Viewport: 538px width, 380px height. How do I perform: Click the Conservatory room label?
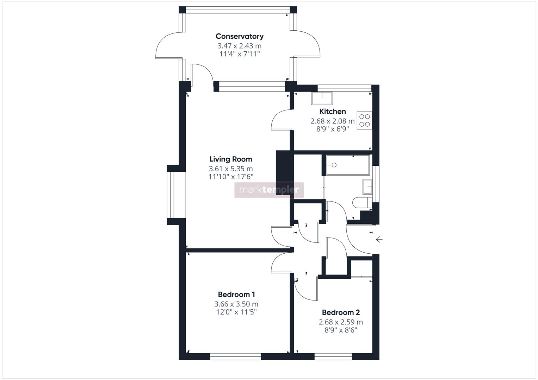239,36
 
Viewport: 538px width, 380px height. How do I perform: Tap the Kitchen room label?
332,112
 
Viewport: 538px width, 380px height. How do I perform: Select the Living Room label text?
231,159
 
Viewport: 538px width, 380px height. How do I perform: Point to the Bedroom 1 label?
236,294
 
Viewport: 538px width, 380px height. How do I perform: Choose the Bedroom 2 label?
341,312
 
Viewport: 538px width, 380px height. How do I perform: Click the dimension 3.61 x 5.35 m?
231,169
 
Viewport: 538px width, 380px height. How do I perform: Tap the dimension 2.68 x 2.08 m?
332,121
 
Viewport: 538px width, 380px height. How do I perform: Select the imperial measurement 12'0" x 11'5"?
236,312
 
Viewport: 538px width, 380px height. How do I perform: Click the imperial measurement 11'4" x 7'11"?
239,54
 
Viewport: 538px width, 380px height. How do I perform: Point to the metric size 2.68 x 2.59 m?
341,322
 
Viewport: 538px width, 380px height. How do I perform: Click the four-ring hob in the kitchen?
364,120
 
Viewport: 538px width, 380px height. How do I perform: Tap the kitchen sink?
322,99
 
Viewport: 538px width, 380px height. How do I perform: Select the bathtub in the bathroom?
347,165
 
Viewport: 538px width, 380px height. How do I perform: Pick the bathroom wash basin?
367,186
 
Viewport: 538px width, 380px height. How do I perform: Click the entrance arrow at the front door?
379,240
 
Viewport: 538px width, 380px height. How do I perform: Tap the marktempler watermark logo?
269,190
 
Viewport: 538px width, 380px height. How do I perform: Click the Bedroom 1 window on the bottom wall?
235,356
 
